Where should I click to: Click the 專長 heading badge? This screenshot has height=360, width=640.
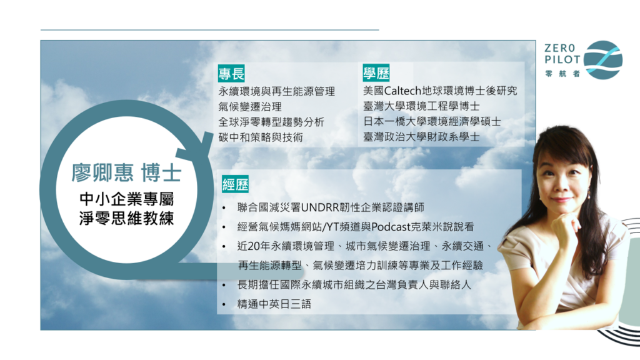(x=231, y=74)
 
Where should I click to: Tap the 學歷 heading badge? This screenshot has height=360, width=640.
(x=376, y=73)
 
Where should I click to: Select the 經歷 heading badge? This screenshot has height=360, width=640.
(x=235, y=184)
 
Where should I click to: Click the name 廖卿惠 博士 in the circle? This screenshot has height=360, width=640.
(x=126, y=172)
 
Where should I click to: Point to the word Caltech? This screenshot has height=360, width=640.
(x=402, y=91)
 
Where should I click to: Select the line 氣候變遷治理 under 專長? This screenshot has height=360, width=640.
(x=250, y=106)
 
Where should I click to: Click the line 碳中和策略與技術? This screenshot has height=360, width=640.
(x=261, y=137)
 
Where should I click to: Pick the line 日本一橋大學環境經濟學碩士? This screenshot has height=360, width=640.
(x=432, y=121)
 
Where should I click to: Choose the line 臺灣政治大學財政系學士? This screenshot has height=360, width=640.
(x=421, y=137)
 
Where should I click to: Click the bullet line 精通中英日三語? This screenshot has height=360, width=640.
(x=274, y=304)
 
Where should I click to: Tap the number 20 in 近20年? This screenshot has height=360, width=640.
(x=254, y=246)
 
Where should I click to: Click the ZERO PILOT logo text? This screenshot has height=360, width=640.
(x=562, y=54)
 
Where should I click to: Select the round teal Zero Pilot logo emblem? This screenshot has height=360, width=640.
(x=603, y=60)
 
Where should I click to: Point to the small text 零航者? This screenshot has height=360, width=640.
(x=562, y=74)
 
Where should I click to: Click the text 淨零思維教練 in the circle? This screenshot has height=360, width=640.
(x=126, y=218)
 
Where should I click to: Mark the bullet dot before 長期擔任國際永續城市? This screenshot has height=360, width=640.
(x=224, y=285)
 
